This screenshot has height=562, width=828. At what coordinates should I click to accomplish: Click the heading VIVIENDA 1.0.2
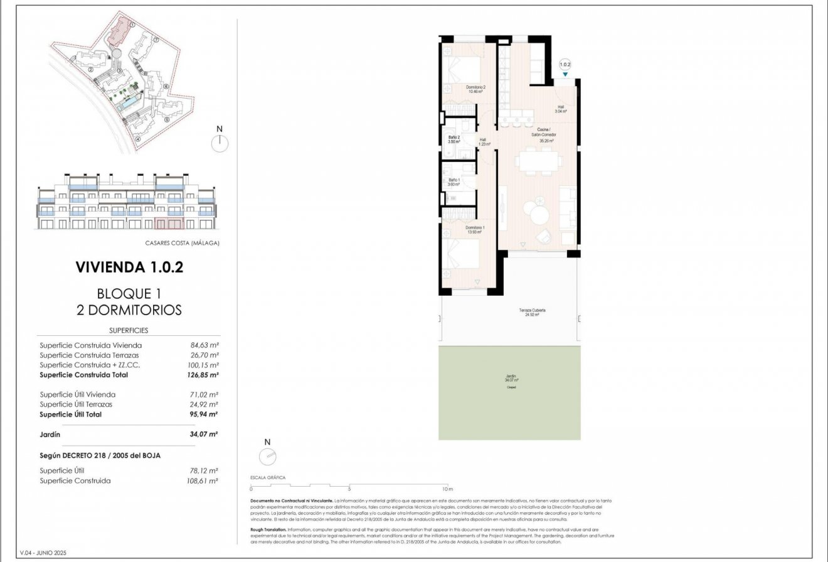[x=129, y=267]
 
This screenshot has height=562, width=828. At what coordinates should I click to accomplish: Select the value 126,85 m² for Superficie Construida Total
[x=204, y=375]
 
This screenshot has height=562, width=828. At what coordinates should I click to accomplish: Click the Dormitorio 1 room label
[x=474, y=229]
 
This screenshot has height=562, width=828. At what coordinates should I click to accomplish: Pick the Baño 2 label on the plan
[x=454, y=139]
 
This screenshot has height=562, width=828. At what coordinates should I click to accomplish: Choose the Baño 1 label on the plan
[x=454, y=182]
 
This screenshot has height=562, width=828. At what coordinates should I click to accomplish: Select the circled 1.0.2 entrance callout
[x=565, y=64]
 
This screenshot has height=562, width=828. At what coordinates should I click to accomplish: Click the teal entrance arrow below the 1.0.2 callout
[x=565, y=75]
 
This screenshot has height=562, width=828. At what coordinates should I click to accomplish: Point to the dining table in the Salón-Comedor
[x=538, y=161]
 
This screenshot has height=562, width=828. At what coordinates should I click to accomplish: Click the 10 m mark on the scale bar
[x=446, y=489]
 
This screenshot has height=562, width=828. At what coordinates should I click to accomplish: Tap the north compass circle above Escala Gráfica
[x=267, y=457]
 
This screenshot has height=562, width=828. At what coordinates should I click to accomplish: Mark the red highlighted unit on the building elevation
[x=169, y=224]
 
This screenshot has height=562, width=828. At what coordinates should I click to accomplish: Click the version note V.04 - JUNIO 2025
[x=43, y=553]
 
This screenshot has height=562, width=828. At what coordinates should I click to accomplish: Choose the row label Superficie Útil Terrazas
[x=77, y=404]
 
